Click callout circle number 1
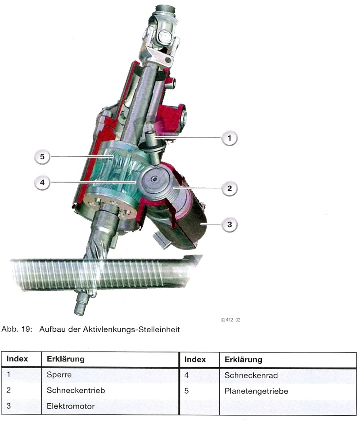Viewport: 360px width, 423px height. click(229, 138)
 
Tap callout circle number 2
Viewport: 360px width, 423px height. click(229, 188)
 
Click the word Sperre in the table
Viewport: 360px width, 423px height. click(59, 374)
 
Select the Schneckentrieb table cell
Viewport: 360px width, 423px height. click(76, 391)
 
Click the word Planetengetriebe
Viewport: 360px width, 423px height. click(256, 391)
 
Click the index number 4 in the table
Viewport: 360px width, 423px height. click(186, 374)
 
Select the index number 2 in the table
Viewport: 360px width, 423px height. click(9, 391)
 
